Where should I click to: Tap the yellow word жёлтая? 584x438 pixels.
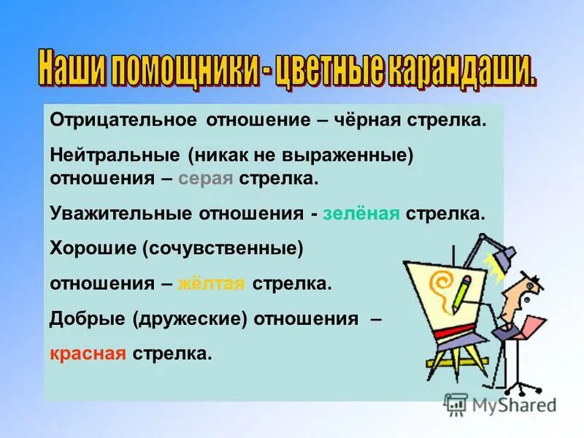pos(211,283)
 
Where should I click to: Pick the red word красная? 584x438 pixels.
pos(89,353)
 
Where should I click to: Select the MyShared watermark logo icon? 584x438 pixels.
pos(456,404)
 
